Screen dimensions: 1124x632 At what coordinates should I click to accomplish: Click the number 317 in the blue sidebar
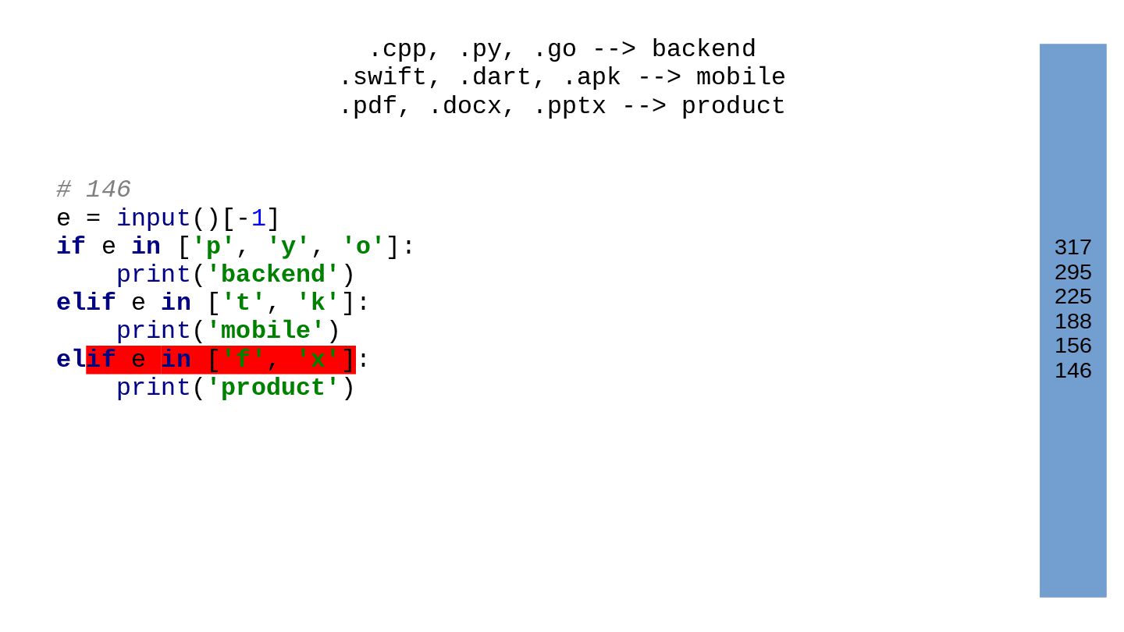(1072, 247)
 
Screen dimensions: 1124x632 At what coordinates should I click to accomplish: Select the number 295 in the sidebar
(1072, 272)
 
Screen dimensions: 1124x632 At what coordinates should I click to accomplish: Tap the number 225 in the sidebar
(1072, 296)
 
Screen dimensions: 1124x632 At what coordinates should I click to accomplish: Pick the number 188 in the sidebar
(1072, 321)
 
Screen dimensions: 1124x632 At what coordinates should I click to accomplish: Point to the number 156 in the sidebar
(1072, 346)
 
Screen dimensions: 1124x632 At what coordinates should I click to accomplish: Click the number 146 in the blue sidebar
(1072, 371)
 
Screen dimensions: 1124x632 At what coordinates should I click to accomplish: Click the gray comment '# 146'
(94, 190)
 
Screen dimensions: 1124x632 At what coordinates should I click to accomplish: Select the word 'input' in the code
(154, 218)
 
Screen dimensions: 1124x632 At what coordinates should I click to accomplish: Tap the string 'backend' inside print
(273, 275)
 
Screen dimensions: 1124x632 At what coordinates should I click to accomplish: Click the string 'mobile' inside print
(266, 331)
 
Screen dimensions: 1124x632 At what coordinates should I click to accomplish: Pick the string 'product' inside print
(273, 388)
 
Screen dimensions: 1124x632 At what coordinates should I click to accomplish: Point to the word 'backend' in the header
(703, 49)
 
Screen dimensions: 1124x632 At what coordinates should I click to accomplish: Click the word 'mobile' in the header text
(741, 77)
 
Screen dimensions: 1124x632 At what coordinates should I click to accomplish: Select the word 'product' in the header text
(733, 106)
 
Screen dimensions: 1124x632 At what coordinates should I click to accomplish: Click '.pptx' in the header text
(569, 106)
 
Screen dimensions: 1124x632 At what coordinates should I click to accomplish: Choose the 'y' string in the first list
(288, 247)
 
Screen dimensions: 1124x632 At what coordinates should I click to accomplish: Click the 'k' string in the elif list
(318, 303)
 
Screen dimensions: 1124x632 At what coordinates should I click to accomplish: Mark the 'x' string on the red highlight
(318, 360)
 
